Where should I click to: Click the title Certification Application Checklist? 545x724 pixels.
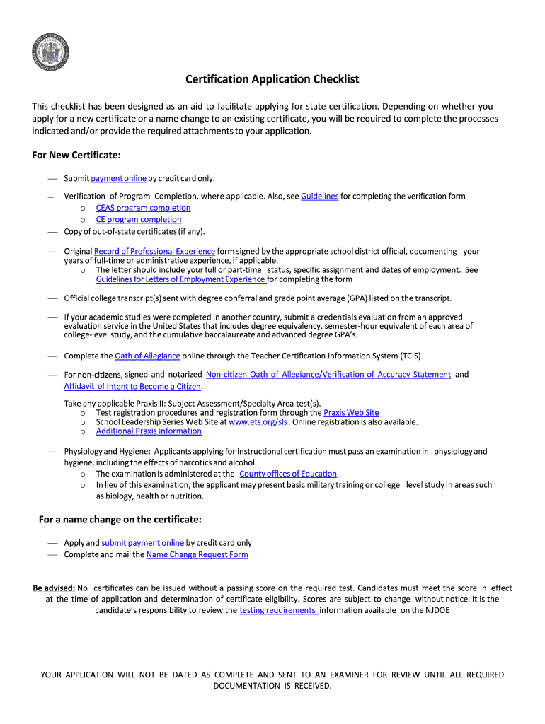tap(272, 79)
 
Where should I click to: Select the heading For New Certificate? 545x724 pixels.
tap(76, 154)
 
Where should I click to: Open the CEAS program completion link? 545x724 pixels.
tap(143, 208)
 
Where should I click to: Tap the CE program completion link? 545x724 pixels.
tap(139, 220)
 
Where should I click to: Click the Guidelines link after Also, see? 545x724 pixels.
tap(320, 196)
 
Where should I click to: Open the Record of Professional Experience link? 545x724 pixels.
tap(154, 251)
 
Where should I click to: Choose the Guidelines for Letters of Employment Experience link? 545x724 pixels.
tap(180, 279)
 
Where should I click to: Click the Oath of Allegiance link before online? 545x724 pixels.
tap(147, 356)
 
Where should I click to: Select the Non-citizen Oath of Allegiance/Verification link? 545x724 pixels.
tap(328, 374)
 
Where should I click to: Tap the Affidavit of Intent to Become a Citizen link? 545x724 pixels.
tap(133, 387)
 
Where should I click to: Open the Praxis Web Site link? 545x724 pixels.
tap(351, 412)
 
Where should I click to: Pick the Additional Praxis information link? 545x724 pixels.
tap(149, 431)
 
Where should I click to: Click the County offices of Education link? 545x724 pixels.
tap(289, 474)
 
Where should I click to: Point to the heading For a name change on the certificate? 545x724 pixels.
tap(120, 520)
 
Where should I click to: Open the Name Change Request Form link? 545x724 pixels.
tap(197, 555)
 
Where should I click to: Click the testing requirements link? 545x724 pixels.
tap(279, 610)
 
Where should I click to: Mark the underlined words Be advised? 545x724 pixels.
tap(54, 588)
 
